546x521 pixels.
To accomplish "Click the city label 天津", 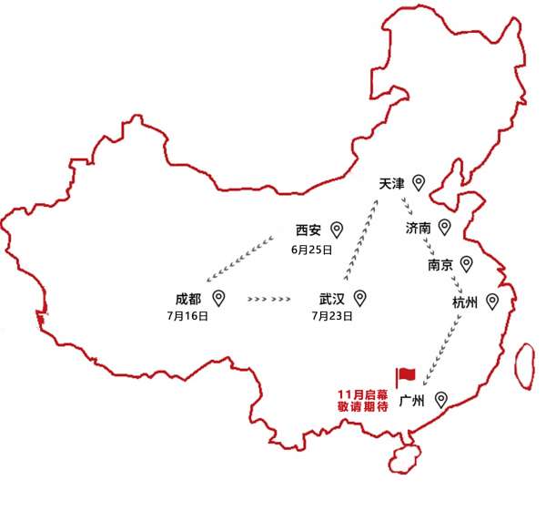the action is pyautogui.click(x=391, y=183).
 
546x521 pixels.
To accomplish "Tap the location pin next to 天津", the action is pyautogui.click(x=419, y=182).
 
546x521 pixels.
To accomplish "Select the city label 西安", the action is pyautogui.click(x=308, y=230).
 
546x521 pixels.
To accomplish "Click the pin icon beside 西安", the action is pyautogui.click(x=337, y=230).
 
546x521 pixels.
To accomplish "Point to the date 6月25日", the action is pyautogui.click(x=311, y=250).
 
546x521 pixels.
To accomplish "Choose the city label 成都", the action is pyautogui.click(x=188, y=299).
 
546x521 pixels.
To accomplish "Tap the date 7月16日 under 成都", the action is pyautogui.click(x=187, y=316).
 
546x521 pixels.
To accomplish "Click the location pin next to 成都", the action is pyautogui.click(x=218, y=299).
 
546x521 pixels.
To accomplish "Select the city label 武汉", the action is pyautogui.click(x=332, y=299).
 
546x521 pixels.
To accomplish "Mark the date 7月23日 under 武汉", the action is pyautogui.click(x=332, y=316).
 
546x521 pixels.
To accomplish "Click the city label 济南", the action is pyautogui.click(x=419, y=229).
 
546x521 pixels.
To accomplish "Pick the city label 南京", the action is pyautogui.click(x=440, y=265).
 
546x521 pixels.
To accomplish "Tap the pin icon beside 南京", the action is pyautogui.click(x=466, y=264).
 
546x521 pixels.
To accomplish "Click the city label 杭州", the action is pyautogui.click(x=465, y=302).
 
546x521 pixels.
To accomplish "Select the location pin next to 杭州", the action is pyautogui.click(x=492, y=301).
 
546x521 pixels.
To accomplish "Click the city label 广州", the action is pyautogui.click(x=411, y=401).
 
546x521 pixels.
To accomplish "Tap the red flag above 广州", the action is pyautogui.click(x=406, y=377).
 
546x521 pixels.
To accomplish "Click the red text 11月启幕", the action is pyautogui.click(x=363, y=394).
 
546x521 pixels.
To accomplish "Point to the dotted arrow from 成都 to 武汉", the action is pyautogui.click(x=268, y=299).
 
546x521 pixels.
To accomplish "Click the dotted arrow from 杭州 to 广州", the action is pyautogui.click(x=442, y=351).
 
